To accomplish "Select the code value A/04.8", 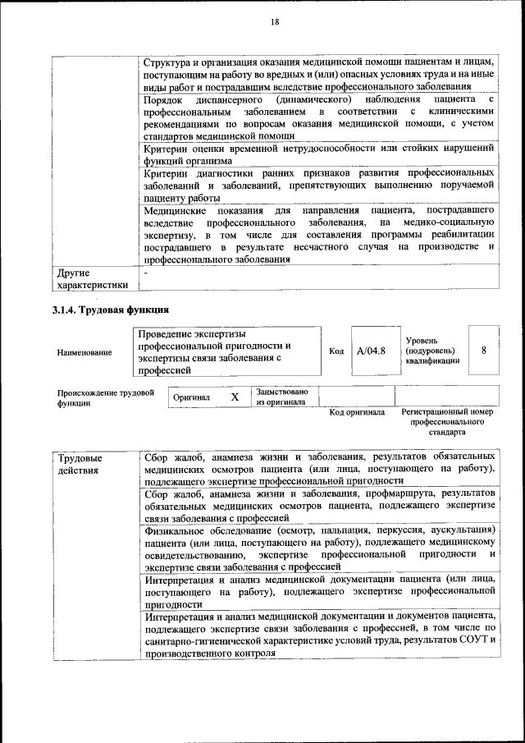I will click(371, 351).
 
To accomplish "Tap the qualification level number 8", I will click(484, 350).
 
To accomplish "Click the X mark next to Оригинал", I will click(235, 397).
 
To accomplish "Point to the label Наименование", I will click(84, 352).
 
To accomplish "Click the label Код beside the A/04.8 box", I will click(336, 351).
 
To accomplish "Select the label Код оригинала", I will click(357, 412).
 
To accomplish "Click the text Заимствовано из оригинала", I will click(281, 397).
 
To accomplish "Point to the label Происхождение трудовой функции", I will click(105, 398).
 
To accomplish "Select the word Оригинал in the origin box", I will click(192, 397).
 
